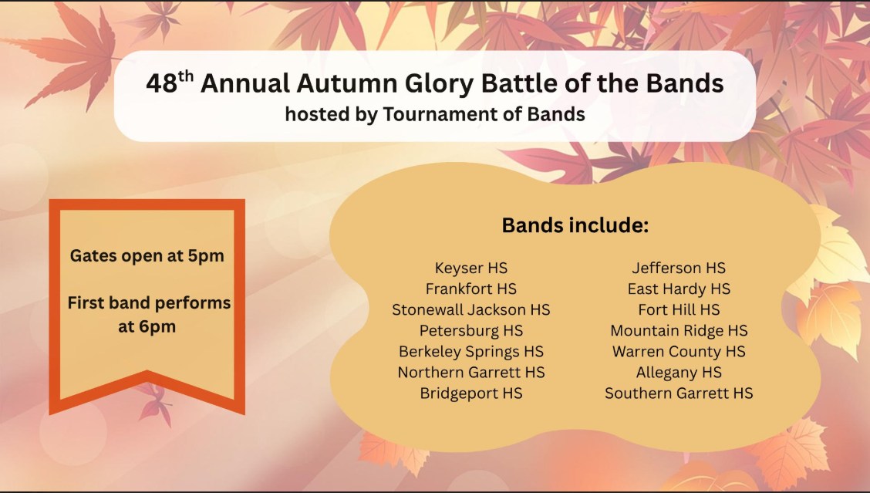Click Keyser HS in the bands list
471,268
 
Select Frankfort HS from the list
471,289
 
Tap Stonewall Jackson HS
471,310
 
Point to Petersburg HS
471,331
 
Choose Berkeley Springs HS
471,352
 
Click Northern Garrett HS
471,373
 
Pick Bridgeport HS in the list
471,393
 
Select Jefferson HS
679,268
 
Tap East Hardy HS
679,289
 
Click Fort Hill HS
679,310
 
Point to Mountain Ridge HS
679,331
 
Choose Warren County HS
679,352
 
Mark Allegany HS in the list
679,373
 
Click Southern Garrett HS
679,393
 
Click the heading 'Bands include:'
575,225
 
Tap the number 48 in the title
162,84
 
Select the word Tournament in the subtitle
445,114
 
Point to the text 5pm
206,256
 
